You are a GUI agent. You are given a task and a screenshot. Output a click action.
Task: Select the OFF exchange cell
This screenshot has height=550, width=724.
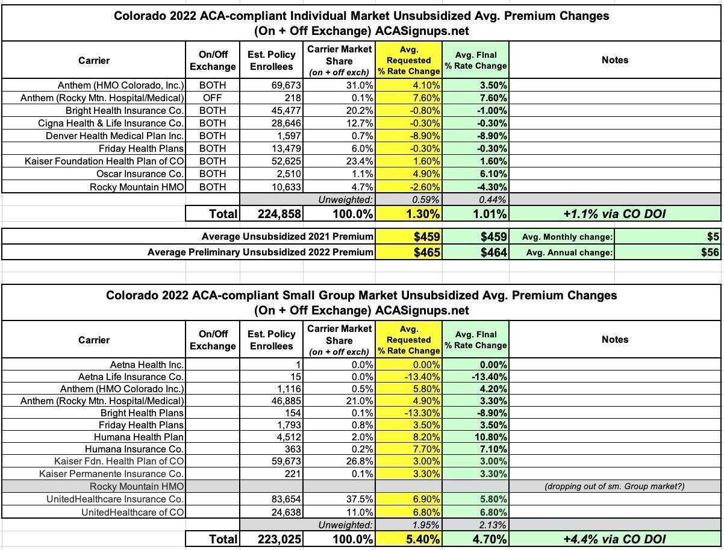coord(212,98)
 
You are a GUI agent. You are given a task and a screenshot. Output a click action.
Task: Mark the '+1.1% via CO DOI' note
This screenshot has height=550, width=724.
coord(614,213)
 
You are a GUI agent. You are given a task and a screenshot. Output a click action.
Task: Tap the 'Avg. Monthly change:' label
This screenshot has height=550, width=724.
coord(569,237)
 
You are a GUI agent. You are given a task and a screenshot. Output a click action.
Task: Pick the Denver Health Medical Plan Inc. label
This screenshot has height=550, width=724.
coord(115,136)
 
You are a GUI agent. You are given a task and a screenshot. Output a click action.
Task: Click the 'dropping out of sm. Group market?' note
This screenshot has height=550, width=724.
coord(614,486)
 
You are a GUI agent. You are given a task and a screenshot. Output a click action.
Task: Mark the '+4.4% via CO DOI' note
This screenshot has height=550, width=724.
coord(614,539)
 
